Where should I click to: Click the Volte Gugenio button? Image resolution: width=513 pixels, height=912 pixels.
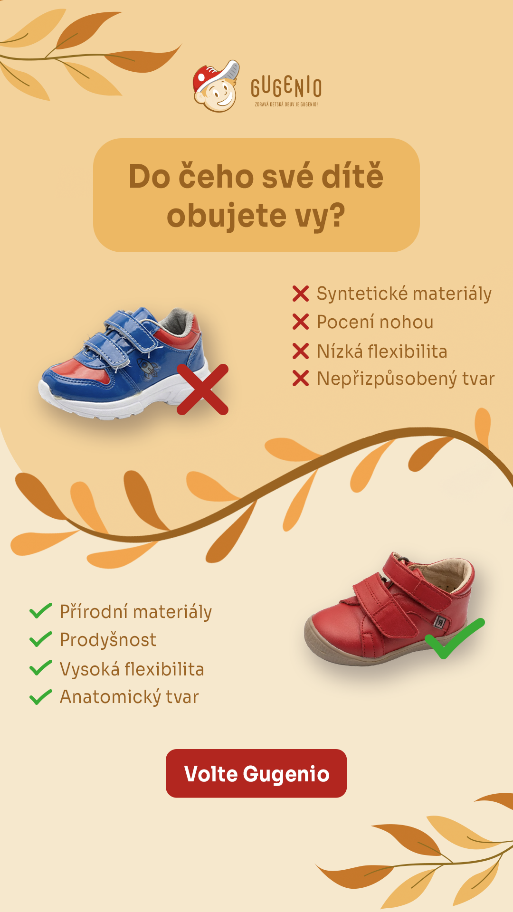click(x=256, y=773)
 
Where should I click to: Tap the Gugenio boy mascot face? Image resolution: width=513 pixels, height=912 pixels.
click(x=216, y=86)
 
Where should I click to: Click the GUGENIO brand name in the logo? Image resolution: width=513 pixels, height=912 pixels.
click(x=286, y=87)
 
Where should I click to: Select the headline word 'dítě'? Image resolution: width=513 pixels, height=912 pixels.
click(x=352, y=176)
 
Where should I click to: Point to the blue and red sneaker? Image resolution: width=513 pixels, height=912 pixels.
click(x=124, y=363)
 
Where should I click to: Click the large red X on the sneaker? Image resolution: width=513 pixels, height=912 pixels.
click(x=203, y=389)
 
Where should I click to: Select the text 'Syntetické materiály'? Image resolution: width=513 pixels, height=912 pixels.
click(x=404, y=294)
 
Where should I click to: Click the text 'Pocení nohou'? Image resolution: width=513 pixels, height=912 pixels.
click(x=375, y=322)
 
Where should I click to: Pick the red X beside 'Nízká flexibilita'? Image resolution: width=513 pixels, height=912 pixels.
click(x=301, y=351)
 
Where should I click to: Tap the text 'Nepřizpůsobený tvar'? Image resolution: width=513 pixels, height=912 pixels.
click(x=406, y=379)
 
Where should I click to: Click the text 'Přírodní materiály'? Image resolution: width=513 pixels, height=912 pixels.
click(x=136, y=612)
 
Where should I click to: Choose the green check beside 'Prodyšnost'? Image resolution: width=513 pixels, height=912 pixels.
click(x=41, y=639)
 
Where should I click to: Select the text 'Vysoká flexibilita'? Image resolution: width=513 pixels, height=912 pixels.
click(x=132, y=669)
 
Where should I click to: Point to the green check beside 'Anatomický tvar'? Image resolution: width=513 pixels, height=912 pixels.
click(x=41, y=697)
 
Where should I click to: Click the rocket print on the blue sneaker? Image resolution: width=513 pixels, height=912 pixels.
click(x=147, y=368)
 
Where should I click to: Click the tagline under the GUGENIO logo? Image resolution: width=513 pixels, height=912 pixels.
click(x=286, y=104)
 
